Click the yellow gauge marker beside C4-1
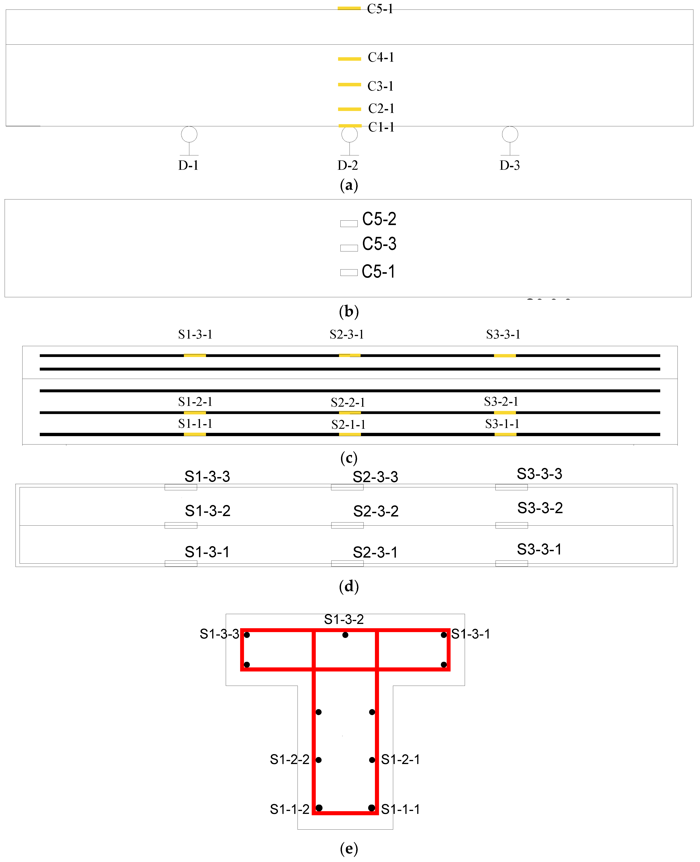[x=349, y=59]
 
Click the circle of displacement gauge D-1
[x=189, y=134]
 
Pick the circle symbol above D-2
[x=349, y=134]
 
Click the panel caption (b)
[x=349, y=311]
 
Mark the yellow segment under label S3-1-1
[x=505, y=434]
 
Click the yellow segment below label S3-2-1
[x=505, y=413]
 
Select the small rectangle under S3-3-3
[x=511, y=487]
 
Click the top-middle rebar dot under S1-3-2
[x=345, y=635]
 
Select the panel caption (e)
[x=349, y=849]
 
